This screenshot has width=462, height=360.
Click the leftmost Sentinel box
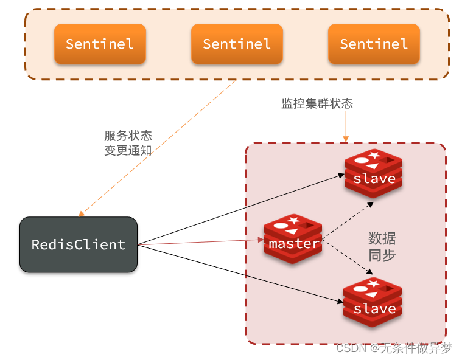tap(100, 44)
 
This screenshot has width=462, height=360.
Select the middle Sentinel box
tap(237, 44)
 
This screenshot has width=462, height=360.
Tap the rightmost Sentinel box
tap(374, 44)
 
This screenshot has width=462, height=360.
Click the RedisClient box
tap(79, 244)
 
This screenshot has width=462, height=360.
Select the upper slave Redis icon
tap(374, 173)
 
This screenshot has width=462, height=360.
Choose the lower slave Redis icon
tap(374, 303)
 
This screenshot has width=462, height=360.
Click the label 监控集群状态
tap(317, 103)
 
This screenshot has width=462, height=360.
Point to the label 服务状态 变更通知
tap(128, 143)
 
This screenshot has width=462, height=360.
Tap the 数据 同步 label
tap(382, 246)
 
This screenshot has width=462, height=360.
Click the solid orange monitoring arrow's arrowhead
tap(346, 139)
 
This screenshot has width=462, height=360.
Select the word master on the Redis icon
tap(293, 244)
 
